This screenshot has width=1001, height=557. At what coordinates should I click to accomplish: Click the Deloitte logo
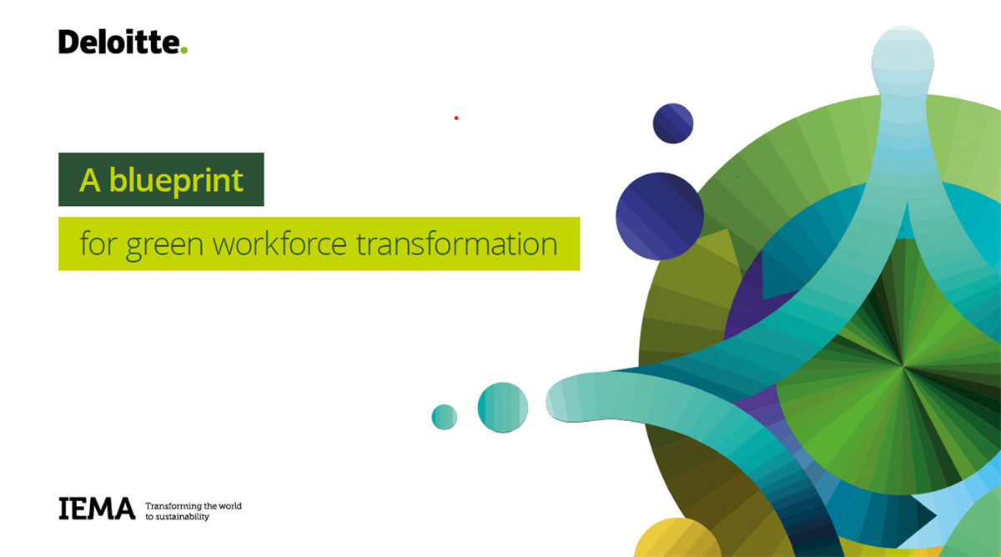[x=123, y=42]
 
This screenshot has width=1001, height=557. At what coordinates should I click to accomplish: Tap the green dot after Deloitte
[x=184, y=50]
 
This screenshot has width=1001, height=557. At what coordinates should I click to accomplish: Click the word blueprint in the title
[x=176, y=181]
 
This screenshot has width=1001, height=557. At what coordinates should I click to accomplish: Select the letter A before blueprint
[x=89, y=180]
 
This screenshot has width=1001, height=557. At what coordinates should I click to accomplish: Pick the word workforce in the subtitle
[x=279, y=243]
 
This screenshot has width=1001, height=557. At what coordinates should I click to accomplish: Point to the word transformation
[x=457, y=243]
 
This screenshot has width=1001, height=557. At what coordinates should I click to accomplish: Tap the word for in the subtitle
[x=98, y=243]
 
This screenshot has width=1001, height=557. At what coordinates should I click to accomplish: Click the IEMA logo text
[x=97, y=509]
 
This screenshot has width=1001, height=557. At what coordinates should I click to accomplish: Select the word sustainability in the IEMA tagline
[x=182, y=517]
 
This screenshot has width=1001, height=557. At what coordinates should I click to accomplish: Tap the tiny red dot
[x=456, y=118]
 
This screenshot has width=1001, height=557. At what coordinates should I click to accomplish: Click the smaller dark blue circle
[x=673, y=123]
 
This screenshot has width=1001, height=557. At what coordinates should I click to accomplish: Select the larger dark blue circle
[x=660, y=216]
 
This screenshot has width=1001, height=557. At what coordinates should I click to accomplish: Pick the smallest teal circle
[x=444, y=417]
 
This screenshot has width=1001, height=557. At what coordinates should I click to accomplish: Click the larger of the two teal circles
[x=503, y=408]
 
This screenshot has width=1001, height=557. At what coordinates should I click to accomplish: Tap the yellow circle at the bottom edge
[x=677, y=539]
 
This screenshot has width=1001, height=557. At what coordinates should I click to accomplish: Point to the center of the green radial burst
[x=903, y=366]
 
